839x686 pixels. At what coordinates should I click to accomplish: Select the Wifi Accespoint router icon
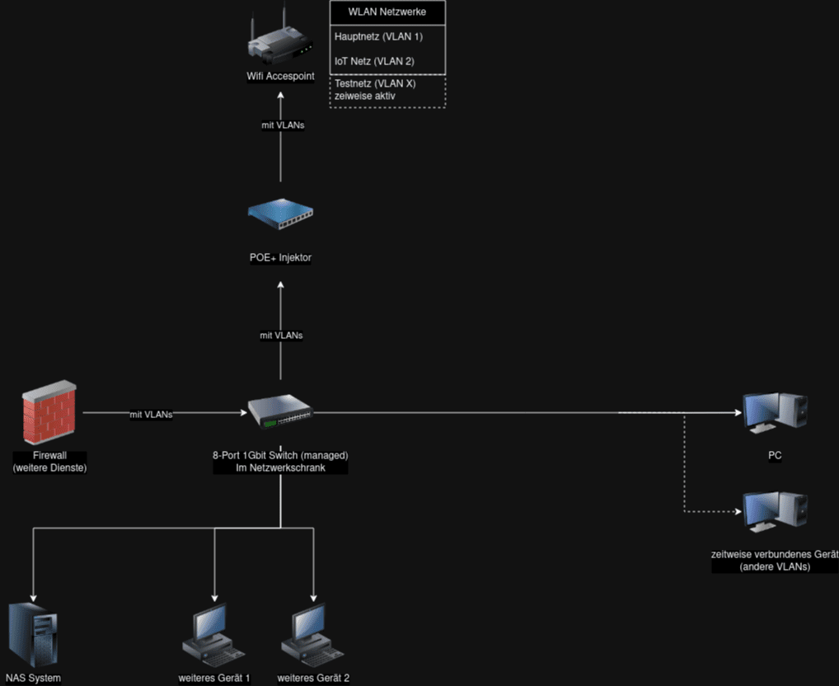[280, 41]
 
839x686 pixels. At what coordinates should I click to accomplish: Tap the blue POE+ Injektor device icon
[280, 216]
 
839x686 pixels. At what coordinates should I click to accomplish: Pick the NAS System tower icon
[33, 635]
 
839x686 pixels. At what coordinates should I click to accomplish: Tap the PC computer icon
[774, 412]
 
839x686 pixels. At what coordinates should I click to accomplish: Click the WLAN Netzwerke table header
[387, 12]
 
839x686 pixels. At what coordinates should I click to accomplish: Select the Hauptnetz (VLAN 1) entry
[378, 36]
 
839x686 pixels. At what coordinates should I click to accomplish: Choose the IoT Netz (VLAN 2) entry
[374, 61]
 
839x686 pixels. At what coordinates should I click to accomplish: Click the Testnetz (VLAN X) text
[375, 84]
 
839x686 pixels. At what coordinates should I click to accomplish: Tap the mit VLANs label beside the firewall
[151, 415]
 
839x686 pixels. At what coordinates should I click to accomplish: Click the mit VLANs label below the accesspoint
[281, 125]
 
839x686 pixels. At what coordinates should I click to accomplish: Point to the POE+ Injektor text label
[280, 258]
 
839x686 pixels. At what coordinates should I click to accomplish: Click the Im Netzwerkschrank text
[280, 468]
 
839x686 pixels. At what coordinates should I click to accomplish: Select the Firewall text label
[49, 455]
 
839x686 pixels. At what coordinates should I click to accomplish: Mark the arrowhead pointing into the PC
[736, 412]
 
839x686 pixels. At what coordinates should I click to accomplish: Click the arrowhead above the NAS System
[33, 597]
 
